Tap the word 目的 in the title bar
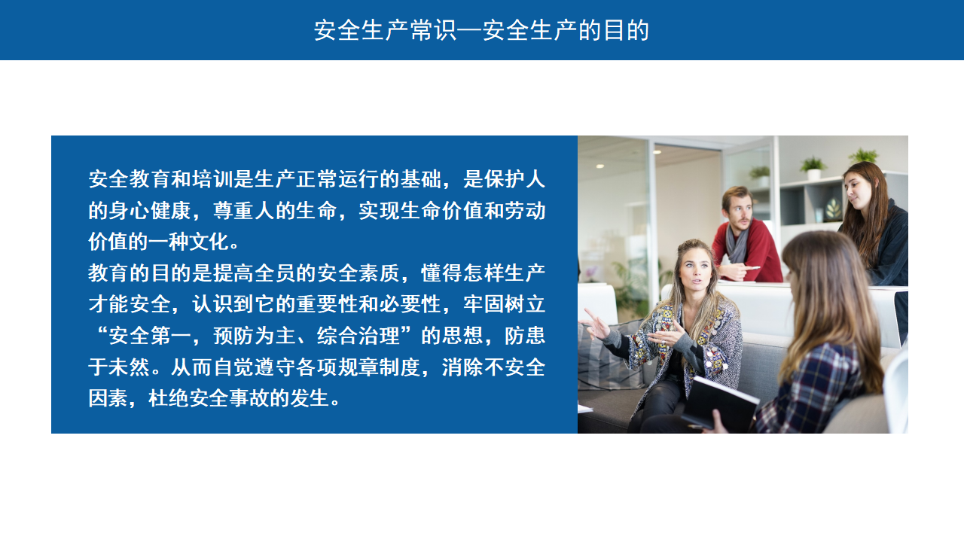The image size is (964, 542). pos(626,31)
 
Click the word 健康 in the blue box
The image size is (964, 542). pos(171,210)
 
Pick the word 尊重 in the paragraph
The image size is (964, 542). pos(233,210)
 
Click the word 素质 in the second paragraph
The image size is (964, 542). pos(380,273)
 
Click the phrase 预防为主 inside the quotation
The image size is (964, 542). pos(255,336)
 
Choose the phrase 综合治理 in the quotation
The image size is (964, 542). pos(358,336)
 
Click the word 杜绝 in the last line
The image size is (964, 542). pos(168,398)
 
